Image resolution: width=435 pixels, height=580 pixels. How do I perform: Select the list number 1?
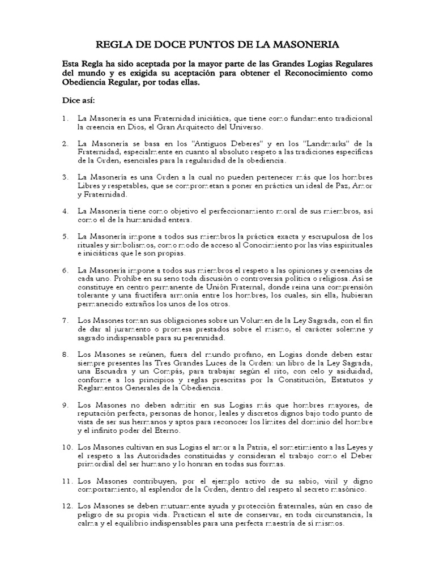(x=66, y=118)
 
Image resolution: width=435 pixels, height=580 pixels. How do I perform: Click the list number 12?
(x=67, y=505)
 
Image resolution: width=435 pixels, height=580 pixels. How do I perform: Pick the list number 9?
(x=66, y=405)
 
